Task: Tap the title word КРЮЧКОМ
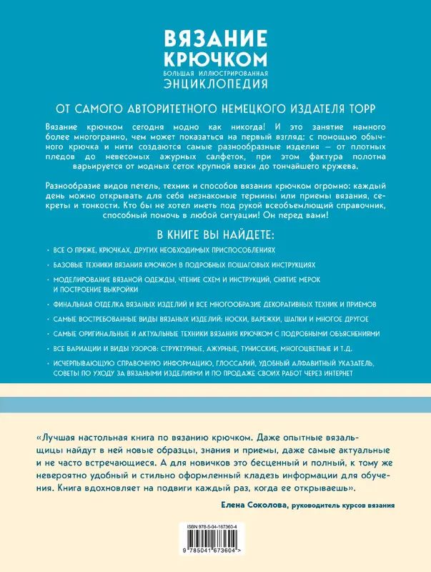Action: click(x=216, y=58)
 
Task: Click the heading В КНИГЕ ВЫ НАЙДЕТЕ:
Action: click(x=215, y=235)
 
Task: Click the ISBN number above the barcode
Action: click(x=215, y=525)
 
